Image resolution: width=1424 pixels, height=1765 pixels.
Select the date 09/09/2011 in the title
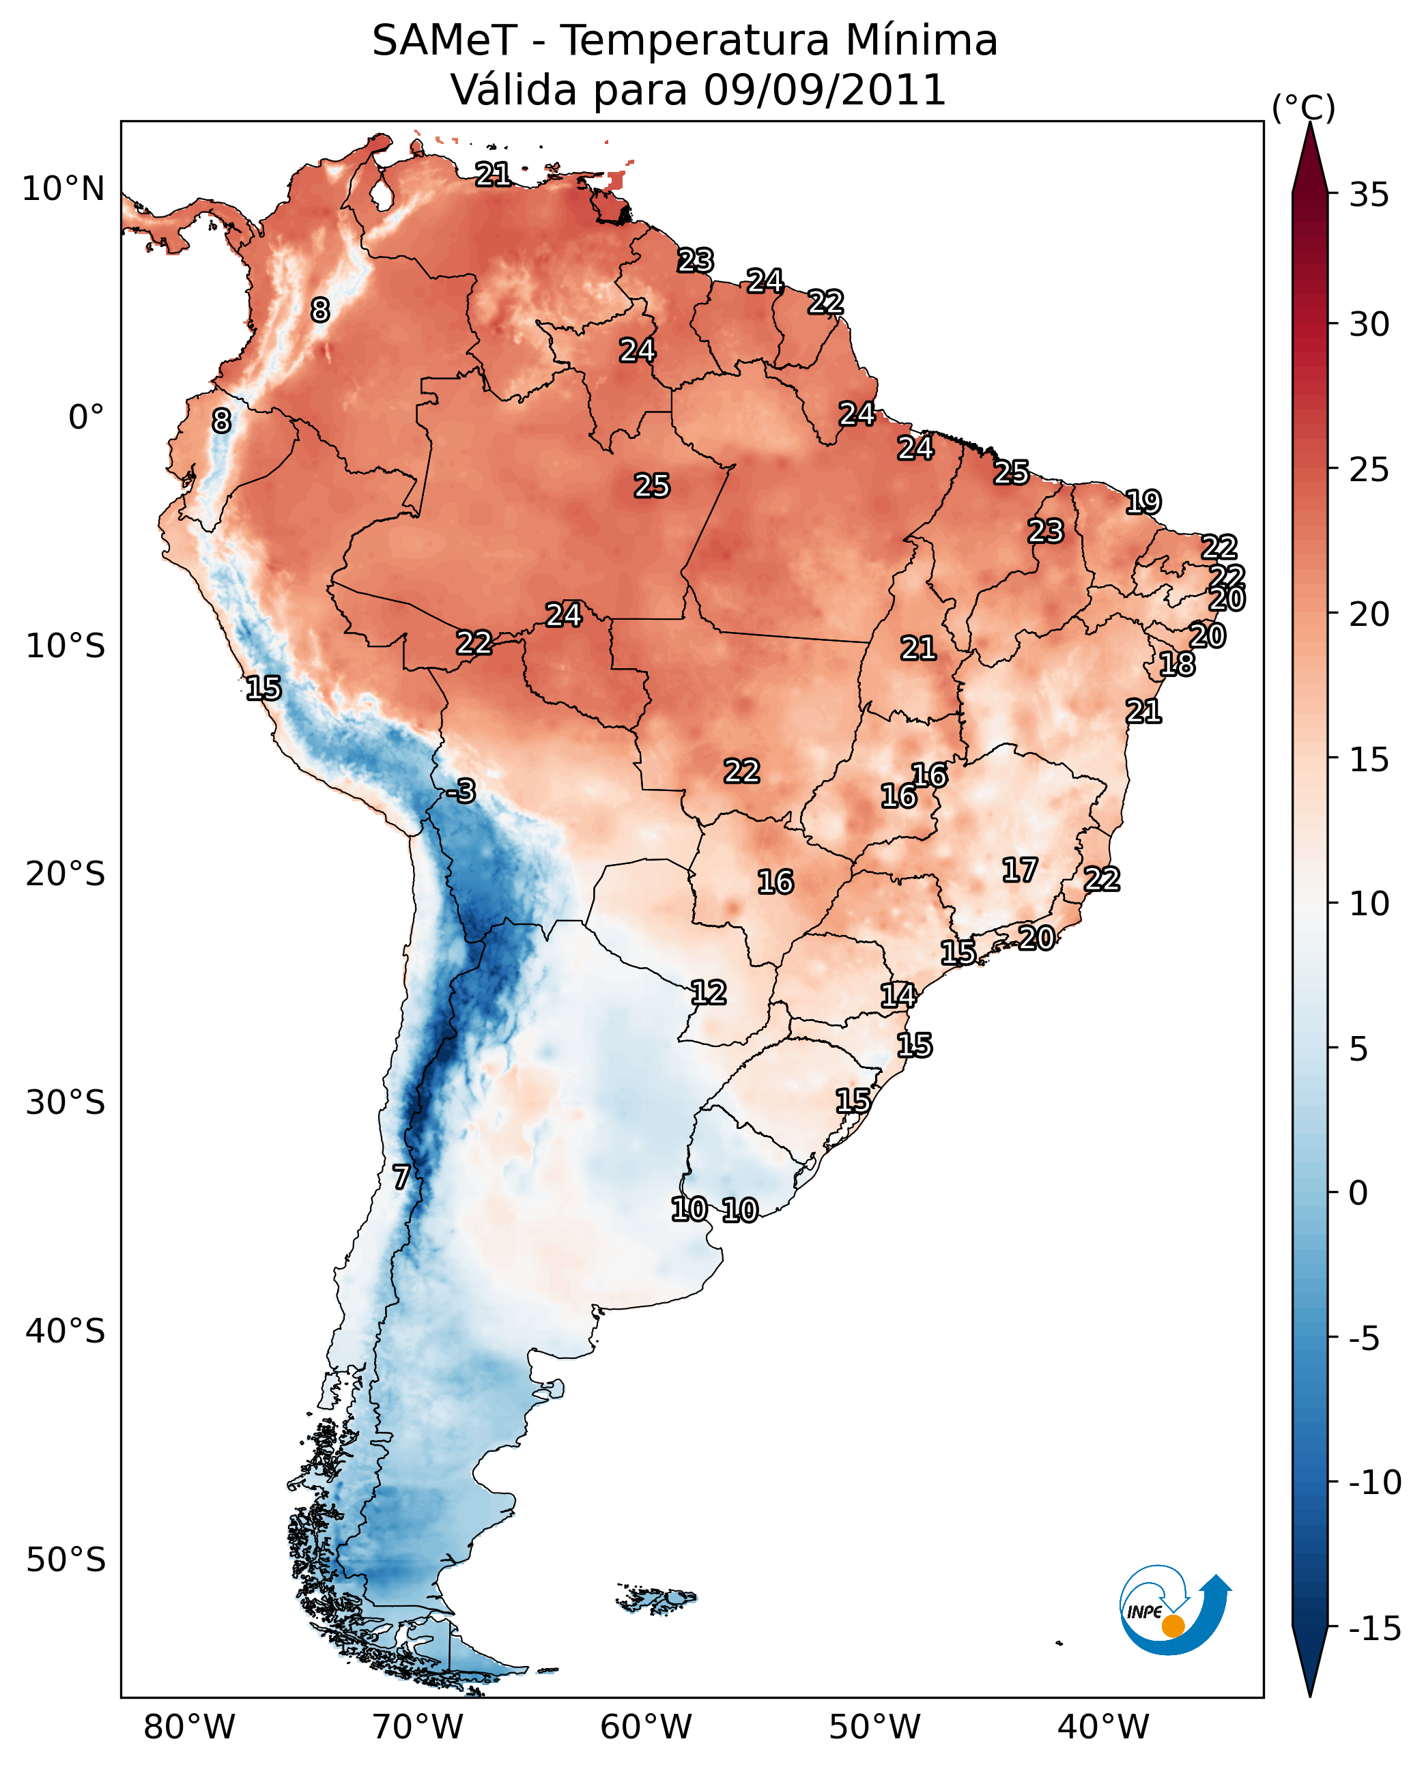pos(825,90)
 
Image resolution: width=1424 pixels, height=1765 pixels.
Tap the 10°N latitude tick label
pos(63,190)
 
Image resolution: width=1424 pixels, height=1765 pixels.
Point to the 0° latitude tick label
pos(86,418)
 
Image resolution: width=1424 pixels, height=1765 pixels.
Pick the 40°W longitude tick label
pos(1103,1727)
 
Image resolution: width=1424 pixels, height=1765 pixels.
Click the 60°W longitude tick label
pos(646,1727)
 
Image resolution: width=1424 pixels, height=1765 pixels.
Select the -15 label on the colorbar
pos(1375,1629)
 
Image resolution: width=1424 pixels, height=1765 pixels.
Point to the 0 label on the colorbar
pos(1358,1193)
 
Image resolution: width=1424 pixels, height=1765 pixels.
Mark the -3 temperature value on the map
pos(462,792)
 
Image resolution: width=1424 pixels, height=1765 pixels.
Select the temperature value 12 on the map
pos(708,993)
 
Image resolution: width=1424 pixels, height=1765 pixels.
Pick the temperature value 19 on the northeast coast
pos(1143,502)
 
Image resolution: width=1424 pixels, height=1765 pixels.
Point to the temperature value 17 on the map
pos(1020,870)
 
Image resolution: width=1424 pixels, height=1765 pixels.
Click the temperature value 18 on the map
pos(1177,664)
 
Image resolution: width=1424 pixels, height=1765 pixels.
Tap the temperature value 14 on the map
pos(898,996)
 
